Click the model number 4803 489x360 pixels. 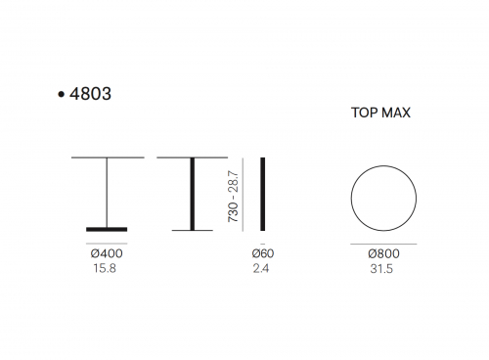click(x=90, y=94)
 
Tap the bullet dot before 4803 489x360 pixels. click(x=61, y=95)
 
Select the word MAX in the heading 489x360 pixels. click(x=396, y=112)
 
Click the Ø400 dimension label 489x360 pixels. click(x=107, y=253)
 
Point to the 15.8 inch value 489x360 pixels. click(x=105, y=268)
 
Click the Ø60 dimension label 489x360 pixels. click(x=263, y=253)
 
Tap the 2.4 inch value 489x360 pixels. click(x=261, y=268)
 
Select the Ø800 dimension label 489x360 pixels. click(x=383, y=253)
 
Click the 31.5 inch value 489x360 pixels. click(x=381, y=269)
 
